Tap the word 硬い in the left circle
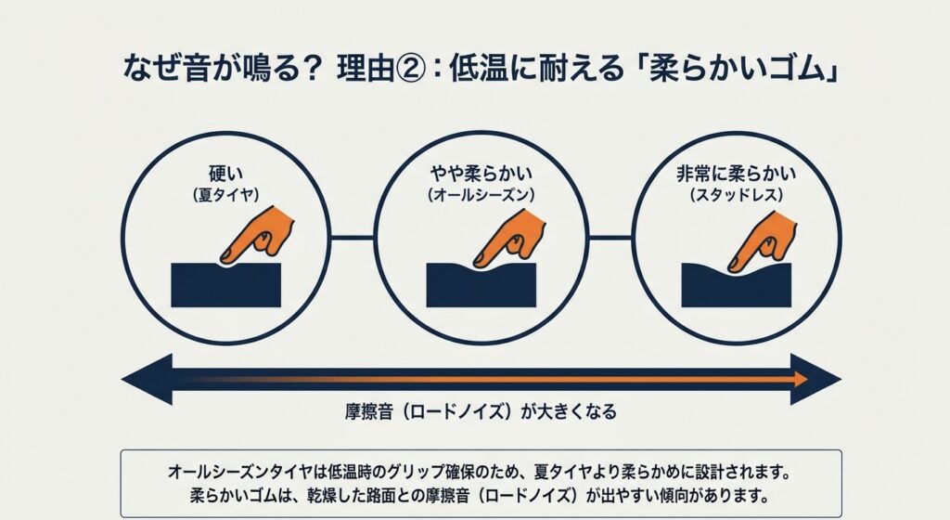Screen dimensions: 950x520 tap(226, 174)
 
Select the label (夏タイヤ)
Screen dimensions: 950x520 tap(226, 195)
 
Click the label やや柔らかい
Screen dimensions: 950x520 tap(481, 174)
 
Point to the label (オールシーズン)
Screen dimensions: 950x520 tap(481, 195)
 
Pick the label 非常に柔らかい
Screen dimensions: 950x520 tap(737, 174)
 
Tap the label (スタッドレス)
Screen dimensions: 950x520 tap(737, 195)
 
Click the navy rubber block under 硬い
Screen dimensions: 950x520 tap(226, 285)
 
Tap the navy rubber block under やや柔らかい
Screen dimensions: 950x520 tap(481, 286)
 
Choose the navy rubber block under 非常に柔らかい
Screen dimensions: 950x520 tap(737, 287)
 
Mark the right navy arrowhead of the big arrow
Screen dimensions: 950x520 tap(815, 380)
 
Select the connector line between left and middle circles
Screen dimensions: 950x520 tap(353, 238)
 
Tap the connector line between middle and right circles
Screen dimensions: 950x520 tap(610, 238)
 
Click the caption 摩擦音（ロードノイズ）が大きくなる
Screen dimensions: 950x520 tap(481, 412)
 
